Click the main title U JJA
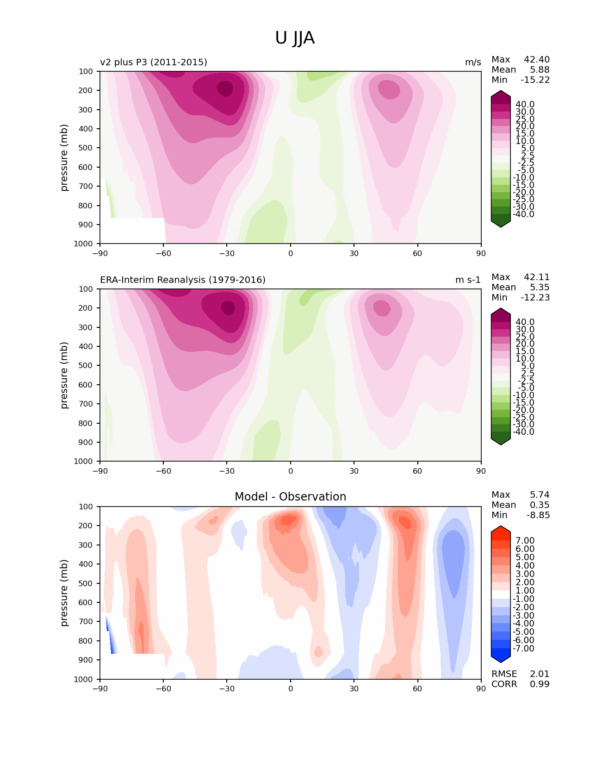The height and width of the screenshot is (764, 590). point(295,38)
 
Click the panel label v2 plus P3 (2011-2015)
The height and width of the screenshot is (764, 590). point(154,62)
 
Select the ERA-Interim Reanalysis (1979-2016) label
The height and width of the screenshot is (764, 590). point(183,280)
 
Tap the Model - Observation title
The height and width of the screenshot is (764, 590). point(290,497)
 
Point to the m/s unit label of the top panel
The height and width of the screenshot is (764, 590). point(473,62)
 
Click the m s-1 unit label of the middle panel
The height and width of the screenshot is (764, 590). point(468,280)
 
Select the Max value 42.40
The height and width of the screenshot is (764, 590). point(537,59)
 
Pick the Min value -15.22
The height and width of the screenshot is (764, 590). point(535,80)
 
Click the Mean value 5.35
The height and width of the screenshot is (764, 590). point(540,287)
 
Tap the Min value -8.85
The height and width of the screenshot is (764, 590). point(538,515)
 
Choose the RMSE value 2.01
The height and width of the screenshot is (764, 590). point(540,674)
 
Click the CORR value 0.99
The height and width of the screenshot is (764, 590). point(540,684)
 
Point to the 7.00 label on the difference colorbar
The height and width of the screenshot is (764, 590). point(525,540)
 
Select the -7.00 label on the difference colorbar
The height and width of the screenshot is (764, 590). point(524,648)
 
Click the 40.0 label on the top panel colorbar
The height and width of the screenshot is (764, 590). point(525,104)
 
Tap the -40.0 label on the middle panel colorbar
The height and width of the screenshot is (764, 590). point(524,432)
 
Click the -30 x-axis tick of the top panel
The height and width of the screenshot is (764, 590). point(227,253)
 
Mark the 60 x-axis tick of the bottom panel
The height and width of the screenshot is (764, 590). point(417,689)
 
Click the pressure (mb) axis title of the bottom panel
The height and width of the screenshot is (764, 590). point(64,593)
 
